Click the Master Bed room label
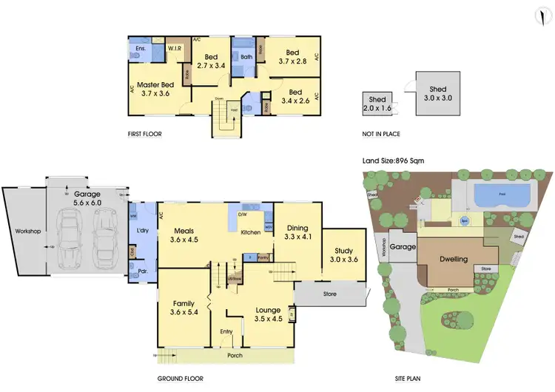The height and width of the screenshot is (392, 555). pyautogui.click(x=156, y=88)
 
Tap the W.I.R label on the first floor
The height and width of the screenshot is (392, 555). pyautogui.click(x=176, y=49)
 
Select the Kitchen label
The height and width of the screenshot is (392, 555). pyautogui.click(x=251, y=233)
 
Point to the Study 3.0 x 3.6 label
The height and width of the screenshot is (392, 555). pyautogui.click(x=343, y=256)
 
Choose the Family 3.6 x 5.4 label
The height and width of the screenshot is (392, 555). pyautogui.click(x=184, y=308)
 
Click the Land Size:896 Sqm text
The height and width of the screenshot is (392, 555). pyautogui.click(x=393, y=160)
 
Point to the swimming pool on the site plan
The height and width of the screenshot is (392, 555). pyautogui.click(x=501, y=196)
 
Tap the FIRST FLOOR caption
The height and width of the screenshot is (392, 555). pyautogui.click(x=145, y=135)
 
